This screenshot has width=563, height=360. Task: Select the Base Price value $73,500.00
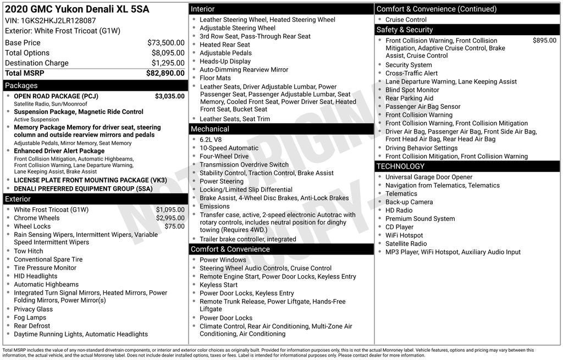pyautogui.click(x=166, y=42)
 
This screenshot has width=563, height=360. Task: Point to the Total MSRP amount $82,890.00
pyautogui.click(x=165, y=73)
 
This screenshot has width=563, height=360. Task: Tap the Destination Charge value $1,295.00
pyautogui.click(x=168, y=63)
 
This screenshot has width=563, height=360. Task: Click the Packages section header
pyautogui.click(x=21, y=85)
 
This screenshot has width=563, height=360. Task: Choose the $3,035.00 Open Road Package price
pyautogui.click(x=169, y=96)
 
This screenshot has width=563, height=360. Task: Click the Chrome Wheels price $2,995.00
pyautogui.click(x=170, y=218)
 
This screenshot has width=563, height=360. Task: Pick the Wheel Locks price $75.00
pyautogui.click(x=174, y=226)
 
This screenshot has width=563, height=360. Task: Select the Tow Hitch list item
pyautogui.click(x=29, y=251)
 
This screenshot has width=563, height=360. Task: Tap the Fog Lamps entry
pyautogui.click(x=30, y=318)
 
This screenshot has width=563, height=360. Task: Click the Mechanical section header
pyautogui.click(x=210, y=129)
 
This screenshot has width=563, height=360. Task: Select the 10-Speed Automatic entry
pyautogui.click(x=229, y=148)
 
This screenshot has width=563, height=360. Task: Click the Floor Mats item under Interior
pyautogui.click(x=215, y=78)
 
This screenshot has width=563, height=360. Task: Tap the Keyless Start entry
pyautogui.click(x=219, y=285)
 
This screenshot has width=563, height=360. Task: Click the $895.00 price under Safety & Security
pyautogui.click(x=544, y=41)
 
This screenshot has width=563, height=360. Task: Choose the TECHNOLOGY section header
pyautogui.click(x=400, y=167)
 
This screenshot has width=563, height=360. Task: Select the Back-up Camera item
pyautogui.click(x=409, y=202)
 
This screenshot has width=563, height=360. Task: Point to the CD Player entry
pyautogui.click(x=399, y=227)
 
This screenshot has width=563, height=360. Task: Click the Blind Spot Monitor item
pyautogui.click(x=412, y=90)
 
